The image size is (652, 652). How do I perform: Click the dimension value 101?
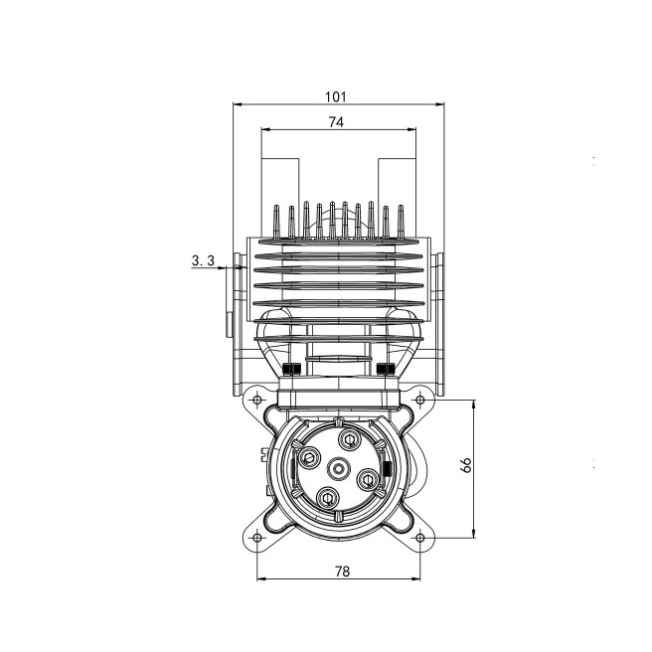click(335, 96)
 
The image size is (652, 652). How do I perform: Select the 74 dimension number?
click(335, 122)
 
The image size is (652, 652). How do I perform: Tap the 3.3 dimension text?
click(203, 260)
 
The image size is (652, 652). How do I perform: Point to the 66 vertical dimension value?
click(468, 467)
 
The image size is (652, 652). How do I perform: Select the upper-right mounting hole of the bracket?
click(420, 400)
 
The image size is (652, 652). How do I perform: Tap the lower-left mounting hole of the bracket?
click(257, 537)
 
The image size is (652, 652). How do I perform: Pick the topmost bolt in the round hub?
click(349, 438)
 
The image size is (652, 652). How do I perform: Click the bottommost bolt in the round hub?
click(328, 497)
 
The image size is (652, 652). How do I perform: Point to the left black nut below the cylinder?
click(290, 371)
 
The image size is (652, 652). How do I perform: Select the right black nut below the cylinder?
click(386, 371)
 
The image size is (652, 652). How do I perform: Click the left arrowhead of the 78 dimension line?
click(260, 577)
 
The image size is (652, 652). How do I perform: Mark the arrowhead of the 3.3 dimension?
click(231, 267)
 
